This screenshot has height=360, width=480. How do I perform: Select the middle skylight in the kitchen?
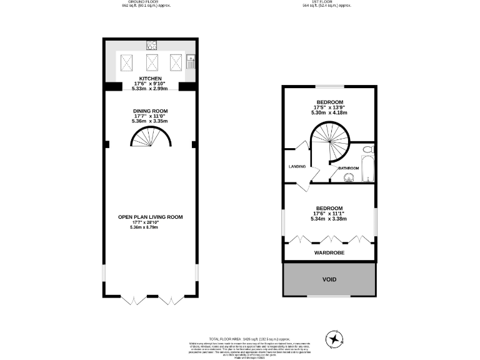[151, 62]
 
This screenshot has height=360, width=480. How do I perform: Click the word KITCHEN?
[151, 78]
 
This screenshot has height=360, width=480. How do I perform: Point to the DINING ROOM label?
[151, 111]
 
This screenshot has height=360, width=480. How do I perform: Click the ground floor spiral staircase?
[151, 137]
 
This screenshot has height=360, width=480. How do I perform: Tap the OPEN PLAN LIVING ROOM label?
[151, 217]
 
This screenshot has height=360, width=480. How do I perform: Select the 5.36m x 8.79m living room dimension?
[144, 227]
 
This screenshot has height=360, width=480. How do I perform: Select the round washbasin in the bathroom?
[349, 177]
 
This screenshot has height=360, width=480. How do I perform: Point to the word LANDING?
[296, 167]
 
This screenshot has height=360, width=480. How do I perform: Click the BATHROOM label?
[348, 168]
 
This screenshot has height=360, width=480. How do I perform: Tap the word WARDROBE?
[329, 252]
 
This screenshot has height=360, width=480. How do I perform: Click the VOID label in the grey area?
[329, 279]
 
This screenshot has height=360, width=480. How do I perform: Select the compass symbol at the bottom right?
[336, 339]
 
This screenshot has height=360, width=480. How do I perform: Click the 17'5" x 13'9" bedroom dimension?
[329, 107]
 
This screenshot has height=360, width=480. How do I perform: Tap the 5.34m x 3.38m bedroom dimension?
[329, 219]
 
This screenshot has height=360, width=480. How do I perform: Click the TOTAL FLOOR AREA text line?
[240, 337]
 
